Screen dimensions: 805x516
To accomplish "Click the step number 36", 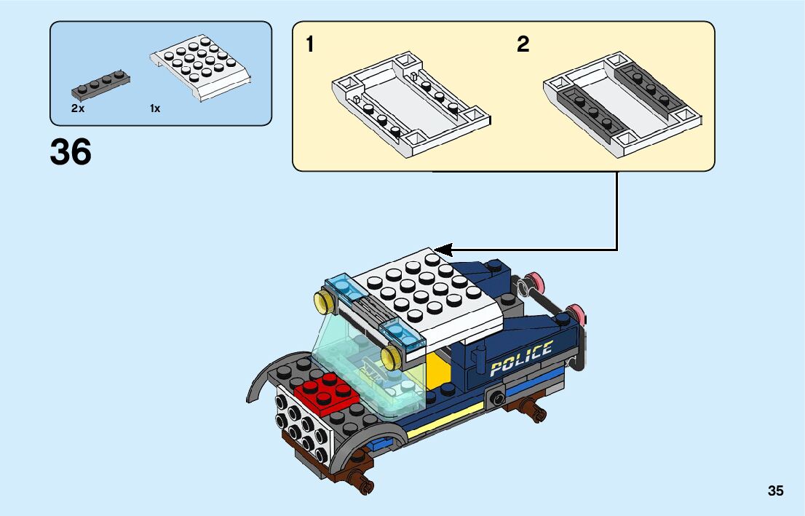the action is [x=71, y=153].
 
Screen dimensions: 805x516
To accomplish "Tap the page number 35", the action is [x=775, y=491].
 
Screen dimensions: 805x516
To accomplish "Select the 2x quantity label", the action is [x=78, y=108].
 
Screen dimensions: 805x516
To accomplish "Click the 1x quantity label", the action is [x=155, y=108].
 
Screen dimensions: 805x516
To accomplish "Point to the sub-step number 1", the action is [x=311, y=45].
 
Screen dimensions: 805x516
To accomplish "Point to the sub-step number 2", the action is [x=523, y=45].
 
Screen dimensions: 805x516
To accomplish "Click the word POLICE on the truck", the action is [x=521, y=358].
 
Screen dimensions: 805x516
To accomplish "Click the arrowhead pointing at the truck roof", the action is [x=444, y=250].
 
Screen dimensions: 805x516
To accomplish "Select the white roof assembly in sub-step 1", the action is [x=410, y=101].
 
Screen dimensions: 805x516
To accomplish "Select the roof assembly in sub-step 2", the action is [x=622, y=101].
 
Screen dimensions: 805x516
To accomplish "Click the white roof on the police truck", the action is [x=429, y=295].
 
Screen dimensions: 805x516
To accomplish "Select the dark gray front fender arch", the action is [x=262, y=382].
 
